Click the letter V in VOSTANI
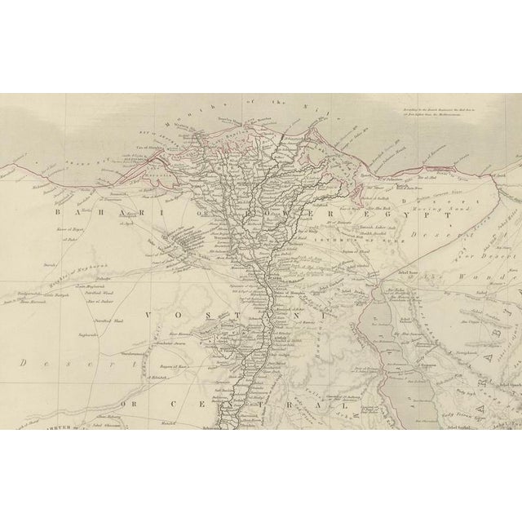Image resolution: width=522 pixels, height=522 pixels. click(151, 313)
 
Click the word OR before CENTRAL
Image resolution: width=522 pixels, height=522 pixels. click(129, 381)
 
